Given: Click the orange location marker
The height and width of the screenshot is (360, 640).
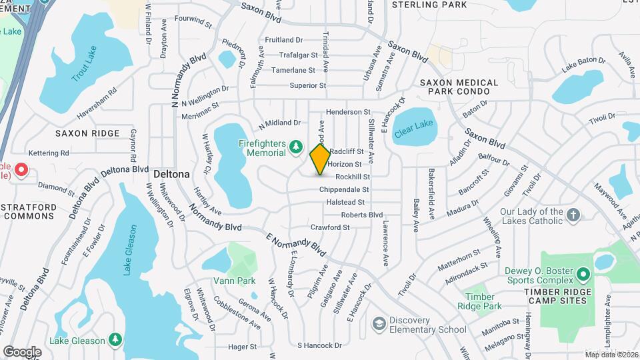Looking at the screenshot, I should coord(320,159).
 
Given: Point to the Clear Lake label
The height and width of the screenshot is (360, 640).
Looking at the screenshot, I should coord(413,125).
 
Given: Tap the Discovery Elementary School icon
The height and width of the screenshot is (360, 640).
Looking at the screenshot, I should coord(379,324).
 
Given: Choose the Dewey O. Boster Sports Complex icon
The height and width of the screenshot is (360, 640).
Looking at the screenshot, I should coord(583,275).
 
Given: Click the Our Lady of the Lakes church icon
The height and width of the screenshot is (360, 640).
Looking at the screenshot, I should coord(574,215).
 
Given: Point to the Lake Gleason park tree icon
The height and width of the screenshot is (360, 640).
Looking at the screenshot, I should coord(115,340).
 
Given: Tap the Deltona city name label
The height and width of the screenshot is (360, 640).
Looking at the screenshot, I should coord(171,174).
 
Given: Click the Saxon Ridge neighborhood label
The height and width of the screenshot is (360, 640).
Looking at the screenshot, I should coord(87,133).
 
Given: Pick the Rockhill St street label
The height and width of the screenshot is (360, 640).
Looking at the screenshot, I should coord(353,177).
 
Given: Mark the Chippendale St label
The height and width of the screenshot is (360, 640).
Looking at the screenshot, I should coord(344,189).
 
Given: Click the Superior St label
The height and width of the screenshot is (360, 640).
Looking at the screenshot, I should coord(307,85).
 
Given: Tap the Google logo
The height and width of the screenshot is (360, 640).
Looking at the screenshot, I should coord(22,351).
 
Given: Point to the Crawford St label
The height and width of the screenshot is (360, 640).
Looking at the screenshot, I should coord(329,227).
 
